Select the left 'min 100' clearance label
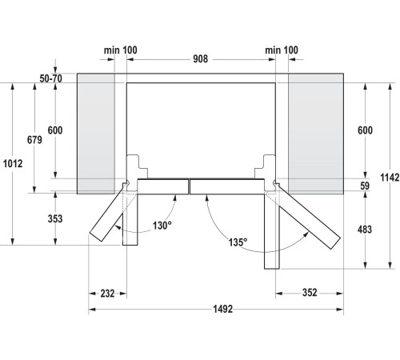[120, 50]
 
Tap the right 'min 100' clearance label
[281, 50]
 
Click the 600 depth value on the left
[54, 131]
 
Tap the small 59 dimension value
[366, 186]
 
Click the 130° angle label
[162, 226]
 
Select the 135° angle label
[236, 240]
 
